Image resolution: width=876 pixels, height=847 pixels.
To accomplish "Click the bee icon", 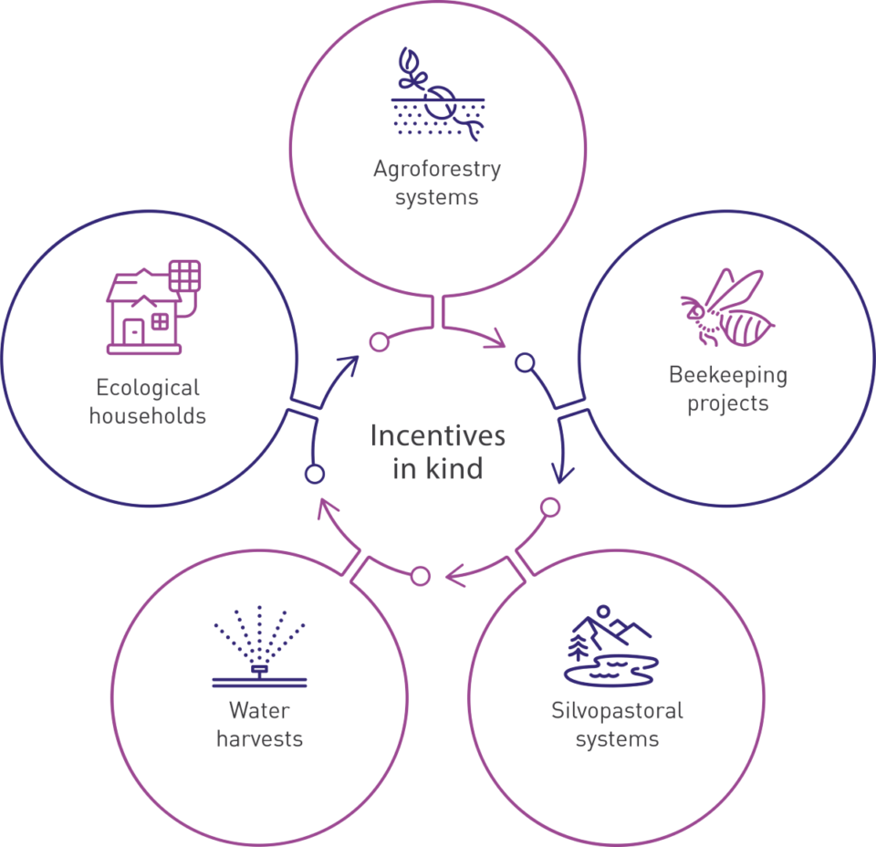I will pos(726,308).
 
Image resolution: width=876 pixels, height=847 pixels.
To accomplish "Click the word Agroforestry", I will pos(436,170).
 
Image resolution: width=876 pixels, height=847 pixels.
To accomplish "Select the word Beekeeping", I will pos(727,375).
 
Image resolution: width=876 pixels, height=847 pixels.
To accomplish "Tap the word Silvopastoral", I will pos(617,710).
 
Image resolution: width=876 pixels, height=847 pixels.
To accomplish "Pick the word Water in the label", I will pos(259,710).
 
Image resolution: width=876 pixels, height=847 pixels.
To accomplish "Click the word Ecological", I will pos(148,389).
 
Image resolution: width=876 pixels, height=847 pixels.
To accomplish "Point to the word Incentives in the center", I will pos(437,436).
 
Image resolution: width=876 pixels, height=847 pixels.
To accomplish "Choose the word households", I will pos(148,417).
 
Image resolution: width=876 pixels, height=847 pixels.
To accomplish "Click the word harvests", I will pos(259,738).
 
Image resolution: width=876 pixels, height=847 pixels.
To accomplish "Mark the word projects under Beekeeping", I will pos(727,403).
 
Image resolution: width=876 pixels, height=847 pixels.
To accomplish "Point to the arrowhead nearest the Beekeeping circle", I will pos(563,477).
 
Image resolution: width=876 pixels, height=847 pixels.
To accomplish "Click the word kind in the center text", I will pos(454,469).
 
